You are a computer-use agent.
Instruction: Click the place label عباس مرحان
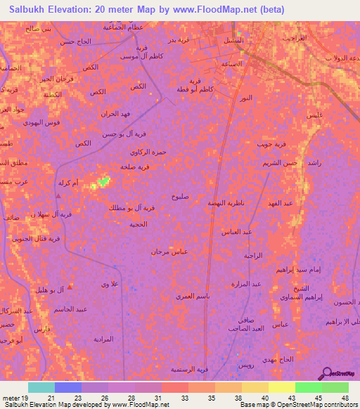click(x=169, y=251)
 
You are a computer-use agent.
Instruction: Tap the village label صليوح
click(x=179, y=197)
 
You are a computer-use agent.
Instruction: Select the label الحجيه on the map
click(x=137, y=224)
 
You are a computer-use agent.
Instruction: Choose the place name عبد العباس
click(x=236, y=231)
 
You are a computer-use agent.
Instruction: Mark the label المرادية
click(x=103, y=339)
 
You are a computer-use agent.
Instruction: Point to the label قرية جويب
click(x=271, y=145)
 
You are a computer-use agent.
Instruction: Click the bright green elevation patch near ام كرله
click(x=104, y=181)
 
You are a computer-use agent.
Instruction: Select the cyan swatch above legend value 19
click(x=41, y=387)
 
